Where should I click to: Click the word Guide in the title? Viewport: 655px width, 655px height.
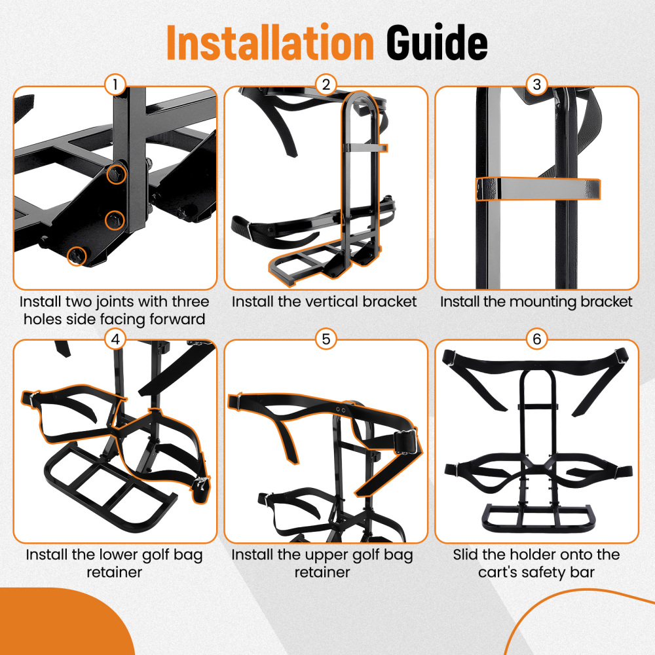click(x=436, y=43)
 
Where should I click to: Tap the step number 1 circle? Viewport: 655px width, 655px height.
click(x=115, y=85)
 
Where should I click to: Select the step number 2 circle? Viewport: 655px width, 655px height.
click(x=326, y=85)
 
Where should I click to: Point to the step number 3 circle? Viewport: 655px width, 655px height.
click(x=536, y=85)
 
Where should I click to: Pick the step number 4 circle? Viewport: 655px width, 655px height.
click(x=115, y=339)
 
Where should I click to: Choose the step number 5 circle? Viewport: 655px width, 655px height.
click(x=326, y=339)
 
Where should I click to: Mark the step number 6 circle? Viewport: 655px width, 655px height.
click(x=536, y=339)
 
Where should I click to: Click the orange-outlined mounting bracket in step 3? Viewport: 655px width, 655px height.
click(x=537, y=189)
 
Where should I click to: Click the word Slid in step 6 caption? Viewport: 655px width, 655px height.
click(x=467, y=555)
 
